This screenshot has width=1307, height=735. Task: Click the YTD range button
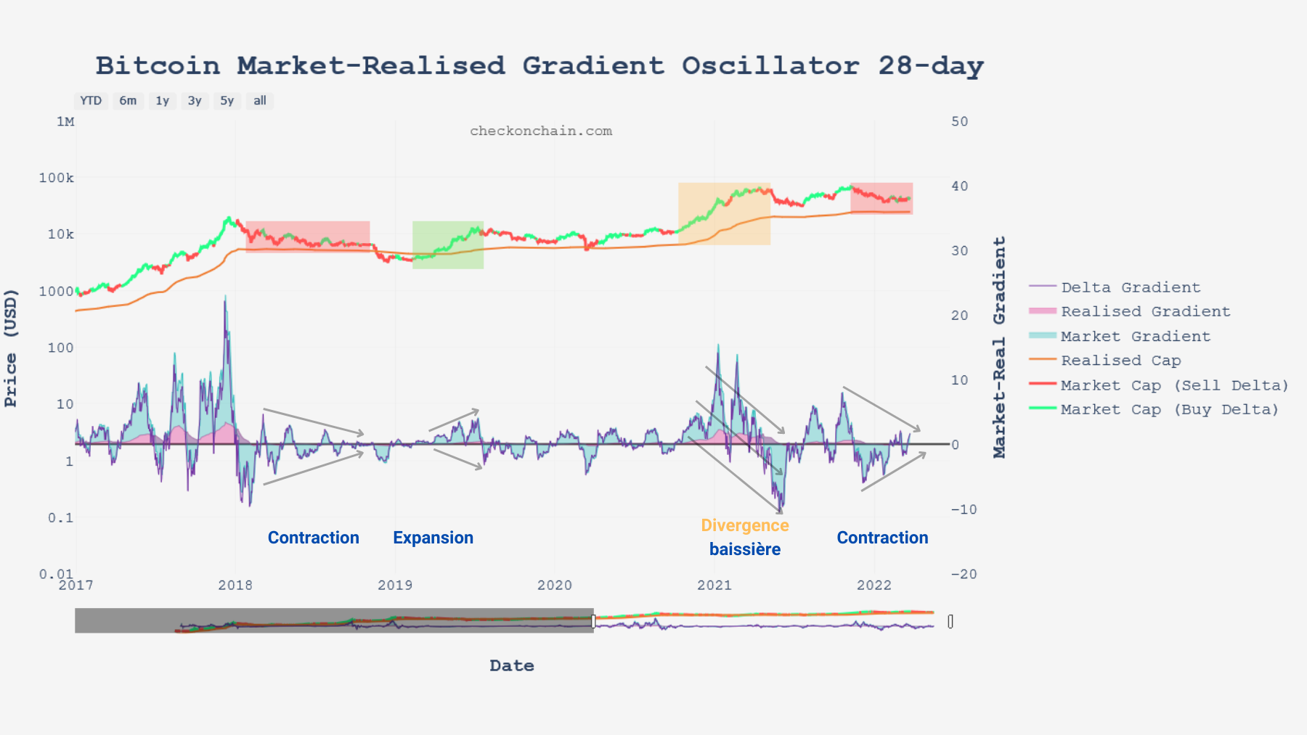[91, 101]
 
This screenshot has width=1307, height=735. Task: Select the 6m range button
[128, 101]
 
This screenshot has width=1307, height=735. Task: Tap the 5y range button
[227, 101]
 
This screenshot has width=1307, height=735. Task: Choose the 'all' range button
[260, 101]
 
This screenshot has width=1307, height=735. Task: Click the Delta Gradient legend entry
[1130, 287]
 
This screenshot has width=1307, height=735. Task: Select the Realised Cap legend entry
[1120, 361]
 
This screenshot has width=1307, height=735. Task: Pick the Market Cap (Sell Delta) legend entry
[1174, 385]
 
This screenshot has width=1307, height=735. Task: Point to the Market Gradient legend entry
[1135, 337]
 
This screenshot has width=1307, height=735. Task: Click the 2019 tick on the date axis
[395, 586]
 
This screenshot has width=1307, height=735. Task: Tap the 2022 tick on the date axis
[874, 586]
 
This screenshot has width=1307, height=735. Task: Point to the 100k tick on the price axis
[57, 178]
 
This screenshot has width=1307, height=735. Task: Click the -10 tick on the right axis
[964, 509]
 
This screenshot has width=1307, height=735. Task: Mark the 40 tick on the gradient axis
[960, 186]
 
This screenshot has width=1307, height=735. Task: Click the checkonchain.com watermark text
[541, 131]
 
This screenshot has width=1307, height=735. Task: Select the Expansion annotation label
[433, 538]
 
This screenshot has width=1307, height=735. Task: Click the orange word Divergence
[745, 525]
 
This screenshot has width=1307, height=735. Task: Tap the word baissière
[745, 549]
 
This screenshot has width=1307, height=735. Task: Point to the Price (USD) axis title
[11, 348]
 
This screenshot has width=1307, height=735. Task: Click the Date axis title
[512, 665]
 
